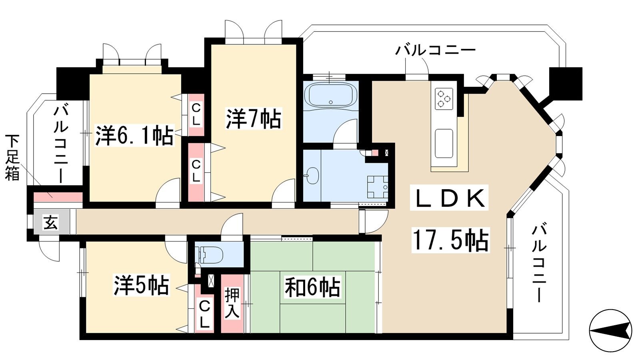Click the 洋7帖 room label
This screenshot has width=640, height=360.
[x=254, y=118]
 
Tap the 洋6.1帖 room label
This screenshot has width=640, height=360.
[x=134, y=136]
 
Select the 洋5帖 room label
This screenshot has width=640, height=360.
[x=142, y=285]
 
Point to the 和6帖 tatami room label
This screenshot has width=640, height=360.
[x=312, y=287]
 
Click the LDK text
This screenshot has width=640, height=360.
[x=449, y=198]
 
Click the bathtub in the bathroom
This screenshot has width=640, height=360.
[x=330, y=95]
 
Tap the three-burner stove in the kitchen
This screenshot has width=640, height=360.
[x=444, y=98]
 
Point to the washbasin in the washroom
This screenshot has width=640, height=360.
[x=312, y=175]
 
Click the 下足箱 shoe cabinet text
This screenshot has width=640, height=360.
[x=12, y=157]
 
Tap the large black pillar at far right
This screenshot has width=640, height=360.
[x=566, y=84]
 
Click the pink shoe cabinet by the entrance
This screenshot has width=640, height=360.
[x=58, y=197]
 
